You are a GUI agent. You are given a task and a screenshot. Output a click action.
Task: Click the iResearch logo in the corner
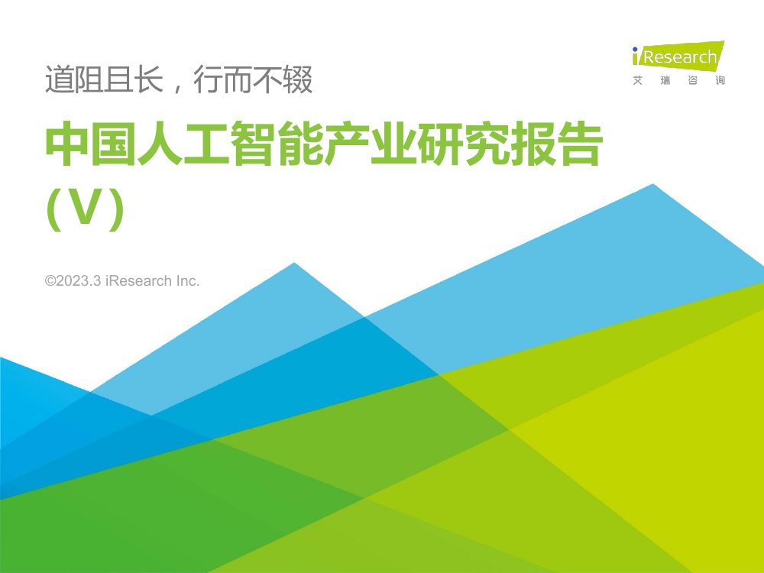click(x=677, y=57)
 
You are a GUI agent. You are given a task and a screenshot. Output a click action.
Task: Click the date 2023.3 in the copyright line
click(x=79, y=281)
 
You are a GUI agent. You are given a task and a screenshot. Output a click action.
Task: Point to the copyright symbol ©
click(x=50, y=281)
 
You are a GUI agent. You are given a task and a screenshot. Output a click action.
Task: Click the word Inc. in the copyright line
click(x=188, y=281)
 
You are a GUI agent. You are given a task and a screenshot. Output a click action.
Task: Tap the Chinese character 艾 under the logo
click(x=638, y=81)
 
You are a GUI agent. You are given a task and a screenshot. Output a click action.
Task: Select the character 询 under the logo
click(x=720, y=81)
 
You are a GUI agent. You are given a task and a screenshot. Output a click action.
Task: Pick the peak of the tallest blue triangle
click(x=653, y=185)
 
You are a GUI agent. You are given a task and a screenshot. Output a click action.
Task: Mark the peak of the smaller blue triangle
click(x=294, y=264)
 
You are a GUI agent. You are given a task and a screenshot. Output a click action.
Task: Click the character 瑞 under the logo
click(x=665, y=81)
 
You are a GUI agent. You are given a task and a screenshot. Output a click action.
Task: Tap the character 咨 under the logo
click(x=692, y=81)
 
